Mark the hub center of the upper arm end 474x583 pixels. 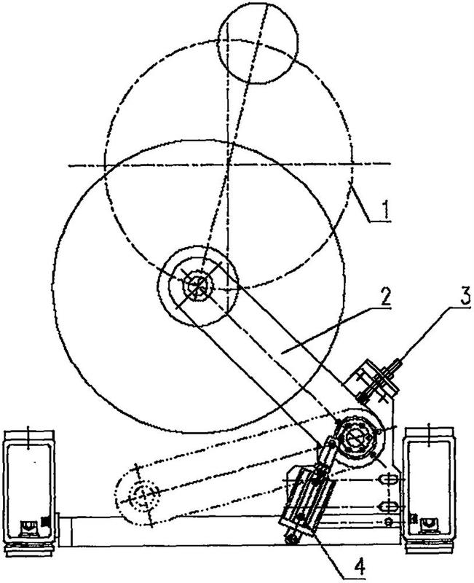[x=198, y=286]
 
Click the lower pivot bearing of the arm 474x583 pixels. [x=356, y=439]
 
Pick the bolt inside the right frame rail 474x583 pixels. [x=427, y=524]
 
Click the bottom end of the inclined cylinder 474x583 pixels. [x=292, y=539]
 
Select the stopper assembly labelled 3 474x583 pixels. [x=373, y=381]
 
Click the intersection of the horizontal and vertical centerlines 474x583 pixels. [x=227, y=165]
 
